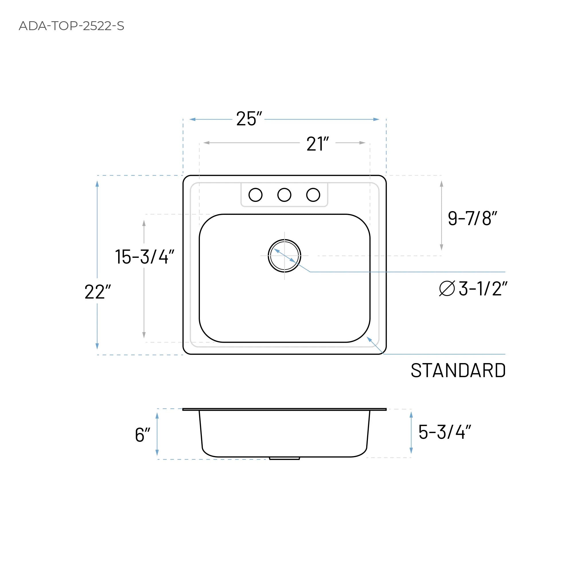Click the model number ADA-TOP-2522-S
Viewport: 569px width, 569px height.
[71, 26]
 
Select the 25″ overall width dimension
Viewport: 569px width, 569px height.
[249, 119]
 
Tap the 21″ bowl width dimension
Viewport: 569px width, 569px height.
[317, 144]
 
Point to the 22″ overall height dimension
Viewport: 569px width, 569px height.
[98, 292]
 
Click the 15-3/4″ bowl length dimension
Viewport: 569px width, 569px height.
[144, 256]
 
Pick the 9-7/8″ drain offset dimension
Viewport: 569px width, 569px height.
[472, 219]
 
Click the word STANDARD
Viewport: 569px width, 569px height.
[458, 371]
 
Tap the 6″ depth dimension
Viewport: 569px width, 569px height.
[143, 435]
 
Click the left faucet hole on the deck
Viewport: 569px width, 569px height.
[255, 195]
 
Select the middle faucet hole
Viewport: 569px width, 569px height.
[284, 195]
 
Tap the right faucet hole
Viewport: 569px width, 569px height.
[313, 195]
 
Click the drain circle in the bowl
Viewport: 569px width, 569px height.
[284, 256]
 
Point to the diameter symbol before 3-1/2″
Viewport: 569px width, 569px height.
[447, 288]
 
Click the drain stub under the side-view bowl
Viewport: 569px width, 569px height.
[284, 458]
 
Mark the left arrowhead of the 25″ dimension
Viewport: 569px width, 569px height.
[192, 119]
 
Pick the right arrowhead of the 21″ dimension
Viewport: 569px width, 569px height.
[362, 143]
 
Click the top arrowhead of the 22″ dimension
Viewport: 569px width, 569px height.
[97, 184]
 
